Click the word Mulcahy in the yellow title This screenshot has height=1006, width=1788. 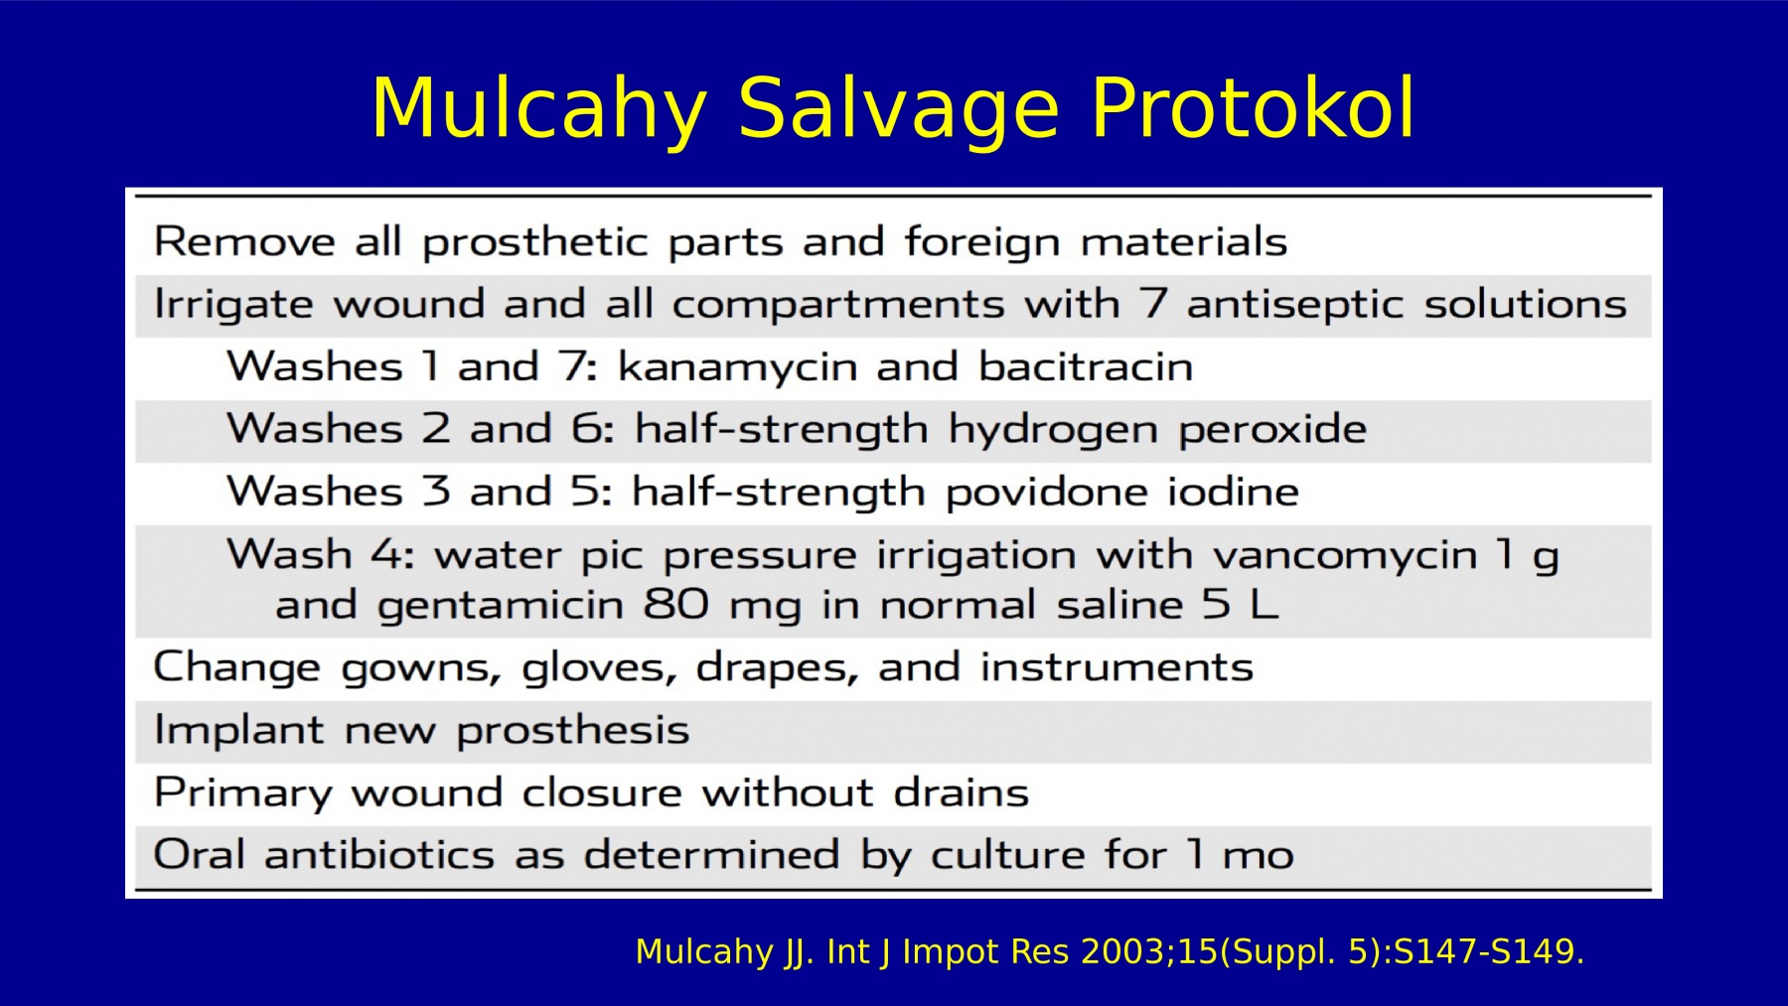[539, 109]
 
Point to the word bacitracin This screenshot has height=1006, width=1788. [1086, 366]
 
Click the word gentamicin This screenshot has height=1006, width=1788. [500, 606]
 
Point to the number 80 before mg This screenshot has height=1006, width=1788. [675, 604]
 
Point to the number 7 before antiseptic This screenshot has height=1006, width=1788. [1153, 304]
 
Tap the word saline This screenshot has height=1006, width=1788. [1119, 604]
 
